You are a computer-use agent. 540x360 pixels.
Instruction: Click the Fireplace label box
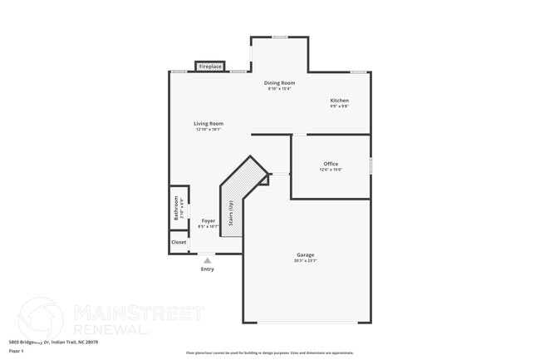pos(210,67)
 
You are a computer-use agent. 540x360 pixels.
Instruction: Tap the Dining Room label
pos(279,83)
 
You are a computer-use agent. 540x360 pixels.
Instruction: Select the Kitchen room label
pos(339,101)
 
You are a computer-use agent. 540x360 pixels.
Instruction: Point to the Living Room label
pos(209,124)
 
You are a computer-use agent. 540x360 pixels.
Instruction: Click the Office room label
pos(331,164)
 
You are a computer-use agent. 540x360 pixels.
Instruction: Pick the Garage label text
pos(306,254)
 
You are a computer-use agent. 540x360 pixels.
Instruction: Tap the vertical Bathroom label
pos(176,206)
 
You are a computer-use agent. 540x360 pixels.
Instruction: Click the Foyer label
pos(209,220)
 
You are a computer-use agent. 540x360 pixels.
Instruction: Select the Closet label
pos(179,242)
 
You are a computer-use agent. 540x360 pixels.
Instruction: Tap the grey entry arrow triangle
pos(208,260)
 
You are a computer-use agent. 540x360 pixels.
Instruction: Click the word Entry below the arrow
pos(208,269)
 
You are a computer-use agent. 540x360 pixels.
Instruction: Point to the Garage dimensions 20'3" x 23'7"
pos(306,261)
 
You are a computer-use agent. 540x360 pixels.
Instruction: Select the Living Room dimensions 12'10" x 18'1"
pos(209,130)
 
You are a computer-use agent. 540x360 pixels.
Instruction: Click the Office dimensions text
pos(331,170)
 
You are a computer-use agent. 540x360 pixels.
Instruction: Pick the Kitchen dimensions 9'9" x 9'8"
pos(339,106)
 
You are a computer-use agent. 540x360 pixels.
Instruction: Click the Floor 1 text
pos(16,351)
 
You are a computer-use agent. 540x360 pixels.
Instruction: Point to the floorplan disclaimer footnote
pos(269,353)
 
